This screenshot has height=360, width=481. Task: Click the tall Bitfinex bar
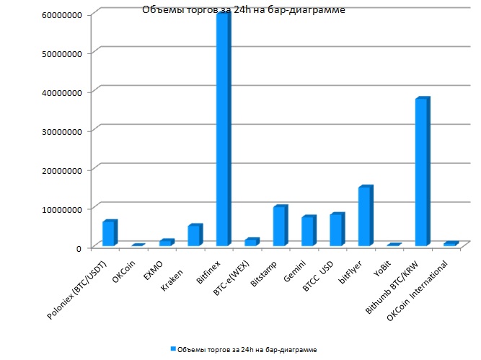[x=223, y=130]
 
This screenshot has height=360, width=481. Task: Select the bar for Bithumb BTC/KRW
[x=422, y=173]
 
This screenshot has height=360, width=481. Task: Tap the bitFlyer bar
[x=365, y=216]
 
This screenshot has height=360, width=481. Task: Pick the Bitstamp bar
[x=280, y=226]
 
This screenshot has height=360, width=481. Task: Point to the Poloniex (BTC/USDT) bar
[x=109, y=233]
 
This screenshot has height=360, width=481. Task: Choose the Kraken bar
[x=194, y=235]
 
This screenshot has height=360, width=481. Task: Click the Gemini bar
[x=308, y=231]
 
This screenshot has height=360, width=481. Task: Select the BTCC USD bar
[x=337, y=229]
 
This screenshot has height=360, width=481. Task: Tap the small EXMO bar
[x=166, y=242]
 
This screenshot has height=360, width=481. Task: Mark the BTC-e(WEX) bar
[x=251, y=242]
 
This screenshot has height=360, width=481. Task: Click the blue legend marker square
[x=173, y=349]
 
